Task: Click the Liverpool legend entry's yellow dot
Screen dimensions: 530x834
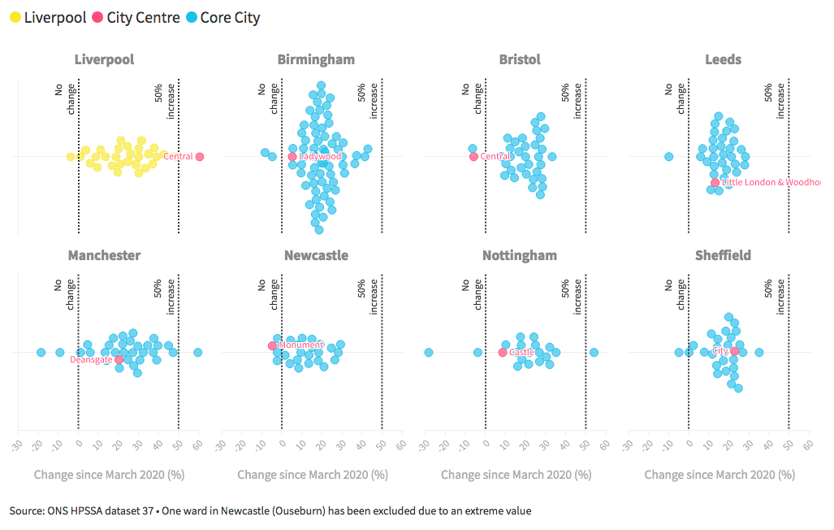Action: (15, 18)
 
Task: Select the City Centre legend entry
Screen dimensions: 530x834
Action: (135, 18)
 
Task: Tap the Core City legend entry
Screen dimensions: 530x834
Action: (223, 18)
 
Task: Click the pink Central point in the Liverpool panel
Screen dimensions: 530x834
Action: (200, 156)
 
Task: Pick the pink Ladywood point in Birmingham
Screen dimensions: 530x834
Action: (292, 156)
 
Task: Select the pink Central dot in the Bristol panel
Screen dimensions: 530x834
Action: (473, 156)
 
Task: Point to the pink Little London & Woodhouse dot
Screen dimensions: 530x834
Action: (715, 182)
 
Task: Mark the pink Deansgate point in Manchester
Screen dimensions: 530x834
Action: (119, 359)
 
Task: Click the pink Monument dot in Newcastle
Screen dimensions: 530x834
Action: (272, 345)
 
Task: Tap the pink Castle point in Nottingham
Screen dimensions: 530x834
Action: (502, 353)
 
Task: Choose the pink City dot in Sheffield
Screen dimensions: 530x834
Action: (734, 351)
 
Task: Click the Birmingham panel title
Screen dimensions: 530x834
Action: (316, 60)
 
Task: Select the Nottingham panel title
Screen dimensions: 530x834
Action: (520, 255)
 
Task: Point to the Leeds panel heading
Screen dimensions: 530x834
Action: (723, 60)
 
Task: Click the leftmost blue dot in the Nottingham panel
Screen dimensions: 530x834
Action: (429, 352)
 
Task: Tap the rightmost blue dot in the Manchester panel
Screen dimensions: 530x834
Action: (197, 352)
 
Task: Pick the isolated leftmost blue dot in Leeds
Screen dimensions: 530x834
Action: (668, 156)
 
